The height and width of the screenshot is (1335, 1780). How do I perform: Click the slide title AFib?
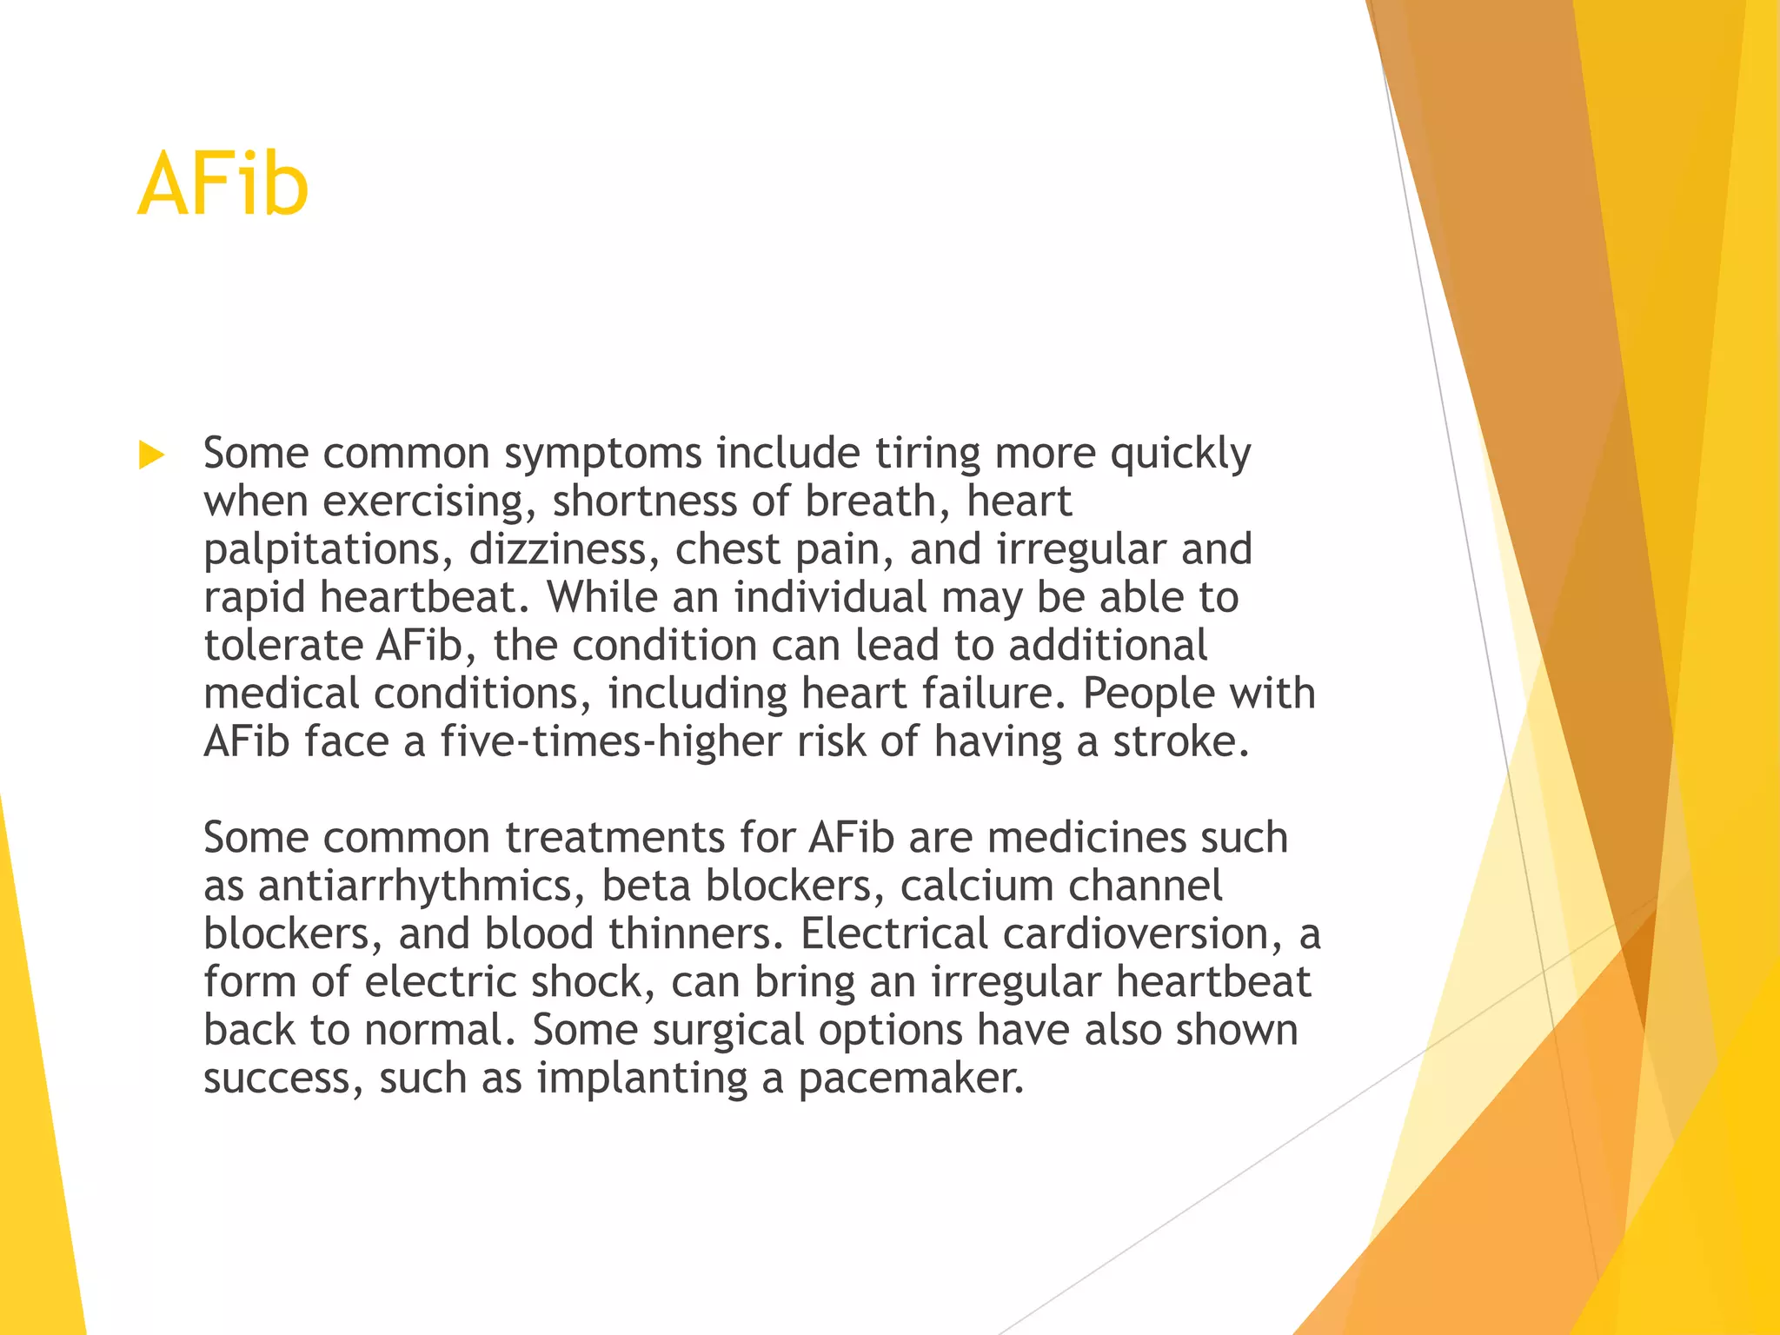click(x=222, y=184)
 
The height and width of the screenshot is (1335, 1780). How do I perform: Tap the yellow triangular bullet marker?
click(x=151, y=455)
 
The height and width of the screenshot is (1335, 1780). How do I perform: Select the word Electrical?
click(x=893, y=934)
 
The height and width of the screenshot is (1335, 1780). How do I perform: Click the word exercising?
click(x=423, y=502)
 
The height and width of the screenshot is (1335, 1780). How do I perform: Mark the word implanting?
click(x=641, y=1079)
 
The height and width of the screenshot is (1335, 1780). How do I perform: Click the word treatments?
click(x=614, y=838)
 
